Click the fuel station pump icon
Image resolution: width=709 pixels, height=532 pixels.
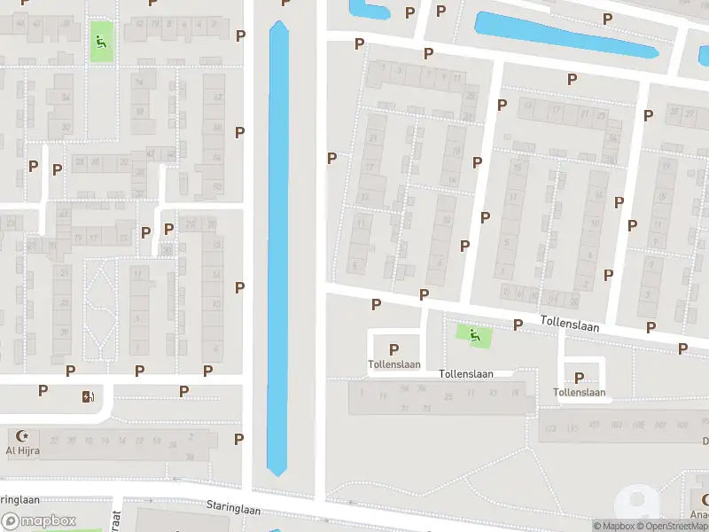click(87, 396)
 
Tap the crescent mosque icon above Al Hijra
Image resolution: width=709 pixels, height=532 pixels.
click(23, 436)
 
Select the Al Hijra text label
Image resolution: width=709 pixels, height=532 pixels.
click(23, 450)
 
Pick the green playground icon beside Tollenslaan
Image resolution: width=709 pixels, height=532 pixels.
click(475, 335)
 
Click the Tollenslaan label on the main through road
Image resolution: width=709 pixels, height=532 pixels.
click(569, 325)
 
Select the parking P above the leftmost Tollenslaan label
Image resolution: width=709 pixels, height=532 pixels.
click(393, 350)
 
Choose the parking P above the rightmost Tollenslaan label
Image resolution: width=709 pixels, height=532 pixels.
click(580, 378)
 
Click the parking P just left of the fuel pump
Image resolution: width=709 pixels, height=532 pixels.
click(43, 390)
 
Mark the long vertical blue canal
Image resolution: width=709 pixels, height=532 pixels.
click(278, 248)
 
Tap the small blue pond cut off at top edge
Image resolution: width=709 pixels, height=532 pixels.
click(370, 11)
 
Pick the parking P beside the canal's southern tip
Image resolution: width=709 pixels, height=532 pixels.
click(238, 439)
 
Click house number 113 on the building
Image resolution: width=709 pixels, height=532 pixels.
click(550, 428)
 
